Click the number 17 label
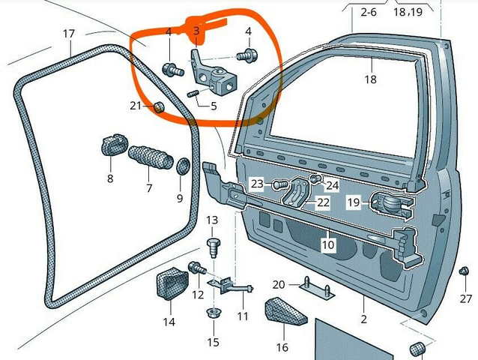point(68,34)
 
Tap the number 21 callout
point(135,106)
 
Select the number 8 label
point(110,178)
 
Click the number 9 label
point(180,198)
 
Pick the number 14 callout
point(169,322)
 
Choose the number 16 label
point(282,347)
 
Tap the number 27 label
point(466,298)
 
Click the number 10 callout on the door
point(327,244)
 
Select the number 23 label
point(257,183)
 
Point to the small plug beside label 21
point(159,107)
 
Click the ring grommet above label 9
point(181,165)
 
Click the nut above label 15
point(213,312)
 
